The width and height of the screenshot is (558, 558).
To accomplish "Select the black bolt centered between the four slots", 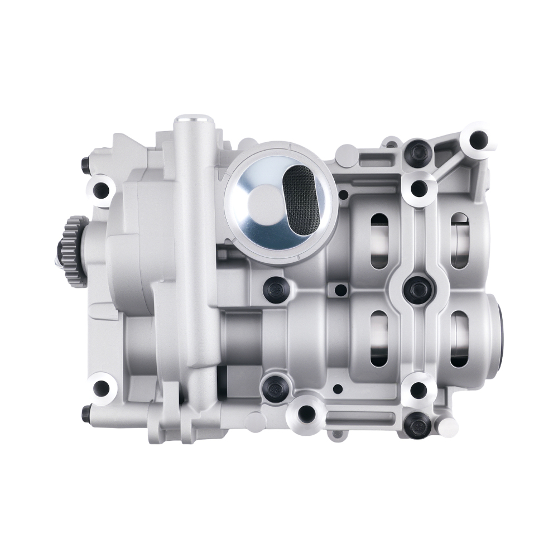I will pyautogui.click(x=416, y=287).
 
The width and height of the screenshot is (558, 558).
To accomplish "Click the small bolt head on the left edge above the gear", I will pyautogui.click(x=85, y=164).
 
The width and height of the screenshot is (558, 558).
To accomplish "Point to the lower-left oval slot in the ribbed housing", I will pyautogui.click(x=379, y=338).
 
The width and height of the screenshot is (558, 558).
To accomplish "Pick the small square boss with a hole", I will pyautogui.click(x=337, y=290).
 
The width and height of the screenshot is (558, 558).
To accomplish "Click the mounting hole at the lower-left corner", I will pyautogui.click(x=101, y=388).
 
